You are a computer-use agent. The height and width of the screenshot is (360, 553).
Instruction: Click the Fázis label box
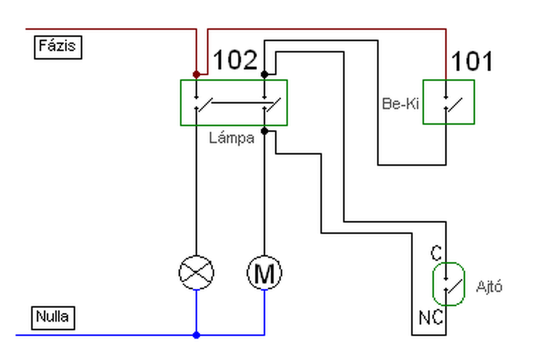click(58, 48)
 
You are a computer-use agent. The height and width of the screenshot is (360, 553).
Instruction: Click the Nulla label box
click(53, 318)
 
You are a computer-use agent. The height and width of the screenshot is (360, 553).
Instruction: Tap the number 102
click(235, 60)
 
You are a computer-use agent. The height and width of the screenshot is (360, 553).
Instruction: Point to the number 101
click(471, 61)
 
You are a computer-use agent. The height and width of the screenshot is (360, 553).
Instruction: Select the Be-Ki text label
click(400, 104)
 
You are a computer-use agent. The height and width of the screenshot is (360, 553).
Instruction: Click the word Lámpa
click(232, 138)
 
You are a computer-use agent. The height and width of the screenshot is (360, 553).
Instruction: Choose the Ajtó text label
click(489, 287)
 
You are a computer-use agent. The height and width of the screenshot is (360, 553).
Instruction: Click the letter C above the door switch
click(436, 253)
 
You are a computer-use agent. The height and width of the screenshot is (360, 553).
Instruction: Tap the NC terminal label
click(431, 318)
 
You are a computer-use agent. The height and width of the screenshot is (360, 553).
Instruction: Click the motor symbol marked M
click(264, 273)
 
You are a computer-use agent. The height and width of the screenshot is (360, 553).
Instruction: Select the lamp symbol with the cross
click(196, 273)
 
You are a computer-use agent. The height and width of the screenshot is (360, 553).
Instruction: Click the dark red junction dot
click(196, 74)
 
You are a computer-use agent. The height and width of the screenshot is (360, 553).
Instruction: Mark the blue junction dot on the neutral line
click(196, 335)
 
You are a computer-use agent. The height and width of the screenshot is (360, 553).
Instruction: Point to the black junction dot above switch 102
click(264, 74)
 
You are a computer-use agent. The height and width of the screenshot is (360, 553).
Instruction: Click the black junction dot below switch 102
click(264, 131)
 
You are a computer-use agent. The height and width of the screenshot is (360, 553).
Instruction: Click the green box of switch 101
click(423, 102)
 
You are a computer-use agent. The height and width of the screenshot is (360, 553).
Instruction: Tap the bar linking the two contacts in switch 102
click(239, 102)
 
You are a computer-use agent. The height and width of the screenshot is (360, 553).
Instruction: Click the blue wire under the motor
click(264, 312)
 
